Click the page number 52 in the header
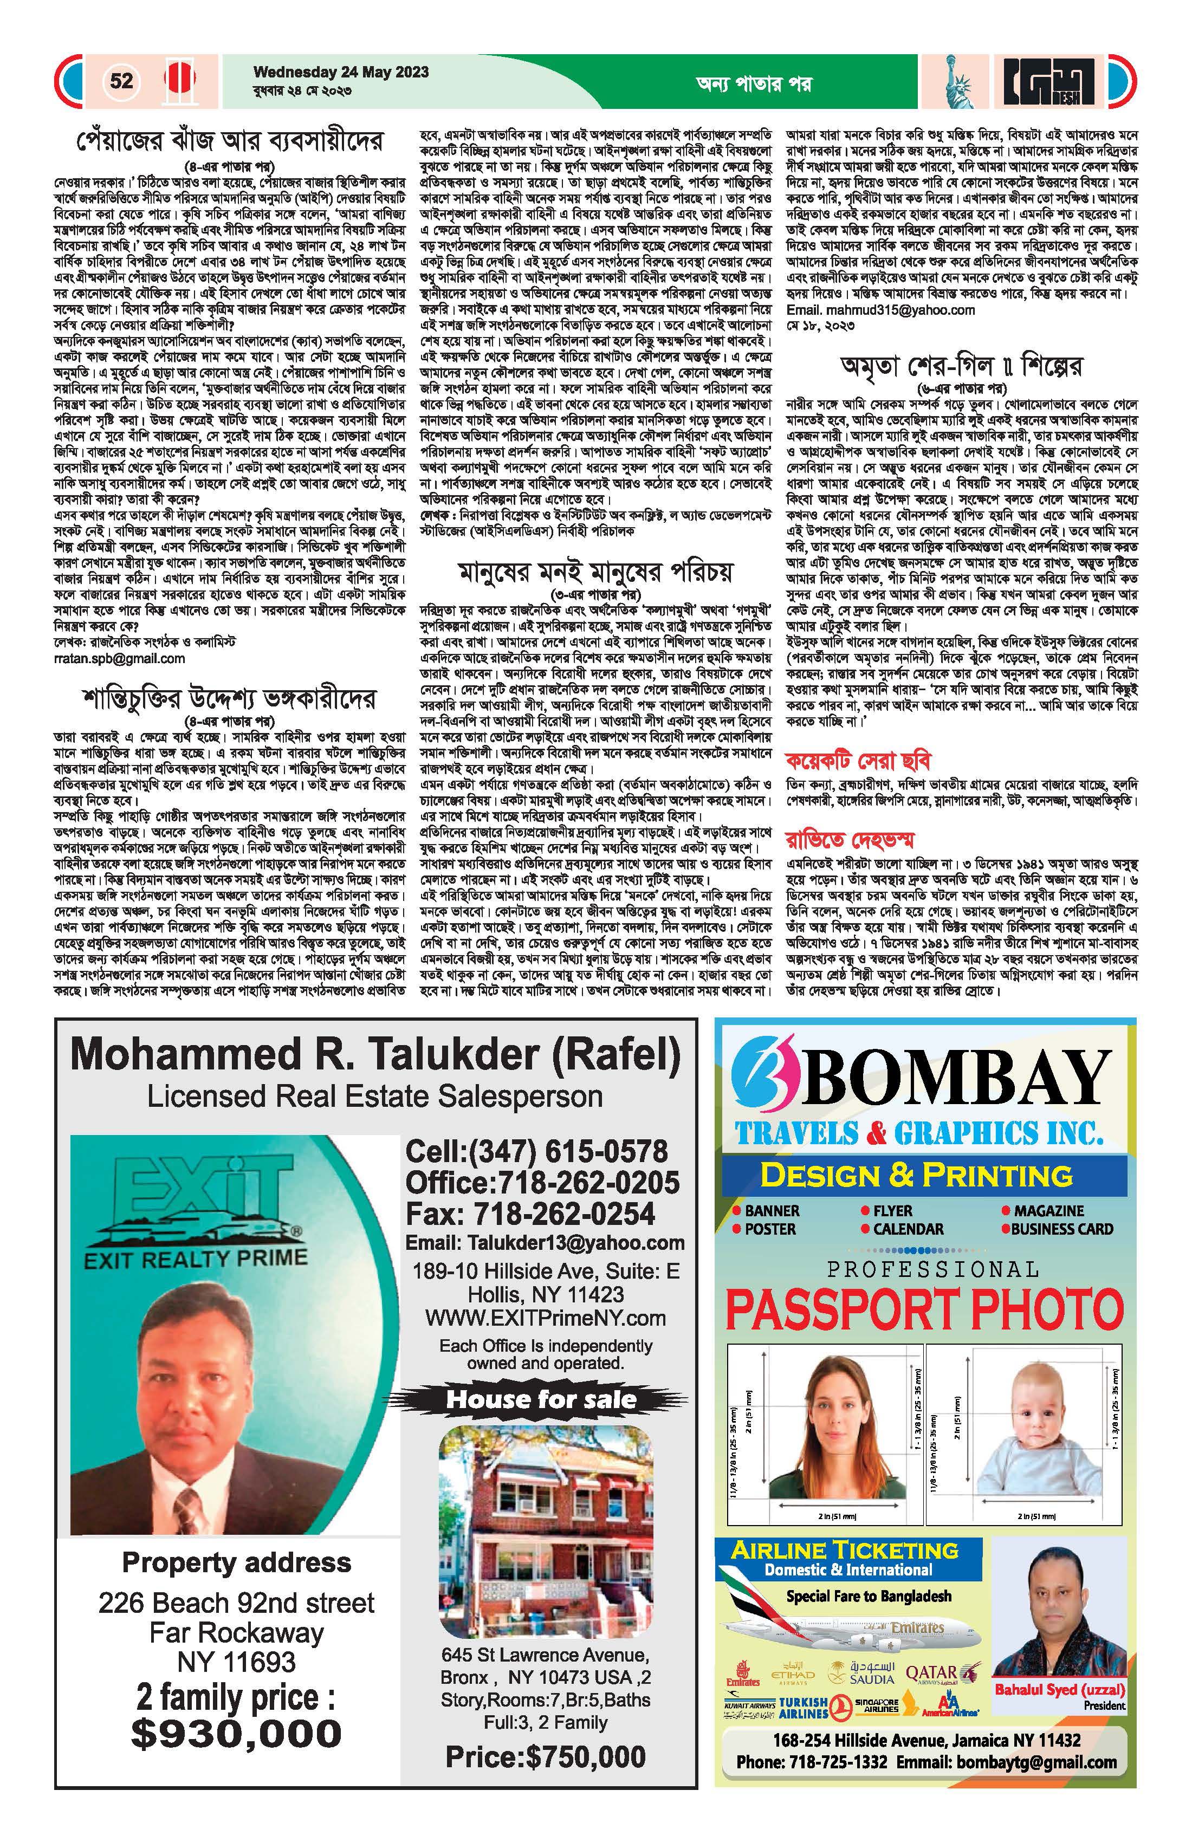coord(121,81)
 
